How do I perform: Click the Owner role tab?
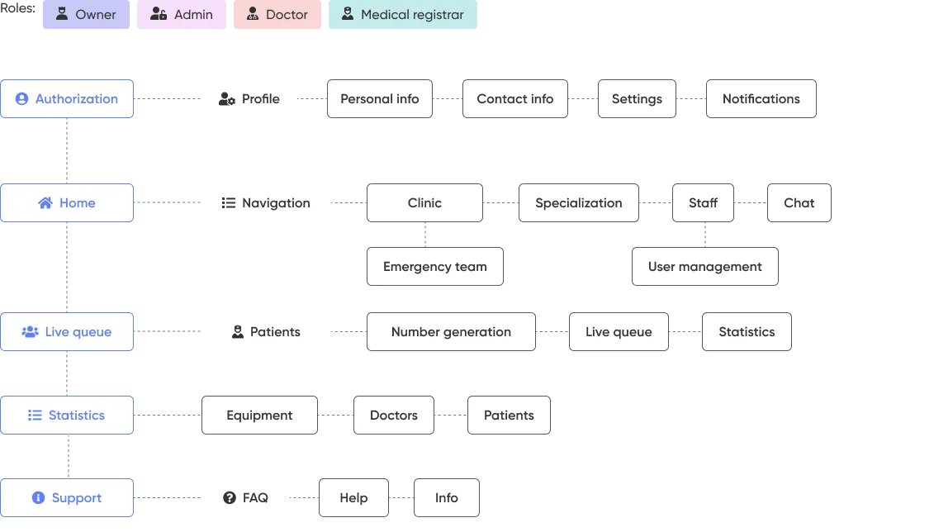(86, 15)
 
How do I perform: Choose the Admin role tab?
(182, 15)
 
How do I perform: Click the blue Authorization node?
(67, 99)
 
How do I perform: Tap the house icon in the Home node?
(45, 203)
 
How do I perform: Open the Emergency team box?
(435, 267)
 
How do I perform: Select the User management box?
(704, 267)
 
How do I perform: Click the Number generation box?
(451, 332)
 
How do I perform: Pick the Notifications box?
(761, 99)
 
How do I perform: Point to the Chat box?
(799, 203)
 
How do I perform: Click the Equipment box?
(259, 416)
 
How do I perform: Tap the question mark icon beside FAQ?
(230, 498)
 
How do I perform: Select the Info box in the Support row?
(446, 498)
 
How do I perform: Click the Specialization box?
(578, 203)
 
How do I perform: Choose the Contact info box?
(514, 99)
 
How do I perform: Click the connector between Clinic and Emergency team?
(425, 235)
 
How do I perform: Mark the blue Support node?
(67, 498)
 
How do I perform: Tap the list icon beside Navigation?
(229, 203)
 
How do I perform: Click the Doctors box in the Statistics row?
(393, 416)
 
